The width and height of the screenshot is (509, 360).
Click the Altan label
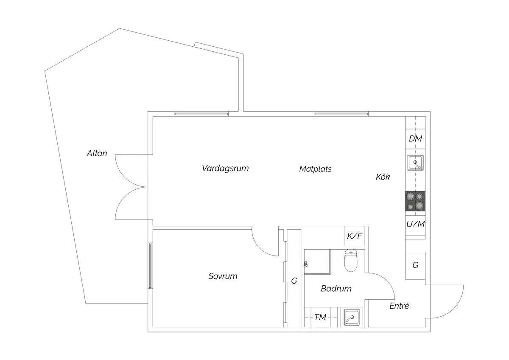[x=97, y=154]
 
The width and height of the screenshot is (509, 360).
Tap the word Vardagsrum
[x=225, y=168]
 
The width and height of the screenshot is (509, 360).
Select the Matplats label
[x=316, y=169]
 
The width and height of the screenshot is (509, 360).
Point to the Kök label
[x=383, y=177]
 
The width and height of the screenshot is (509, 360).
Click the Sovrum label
[x=223, y=276]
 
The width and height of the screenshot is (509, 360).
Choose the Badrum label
[x=336, y=289]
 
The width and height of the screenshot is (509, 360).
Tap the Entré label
[x=399, y=306]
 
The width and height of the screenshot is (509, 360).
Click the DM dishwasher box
[x=415, y=139]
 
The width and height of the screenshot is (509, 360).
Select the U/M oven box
[x=415, y=225]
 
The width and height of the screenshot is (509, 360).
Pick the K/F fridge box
[x=355, y=236]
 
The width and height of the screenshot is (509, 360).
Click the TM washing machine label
[x=320, y=317]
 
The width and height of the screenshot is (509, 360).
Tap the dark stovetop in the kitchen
[x=415, y=201]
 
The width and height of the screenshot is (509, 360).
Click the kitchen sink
[x=415, y=162]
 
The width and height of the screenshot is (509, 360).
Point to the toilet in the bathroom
[x=351, y=260]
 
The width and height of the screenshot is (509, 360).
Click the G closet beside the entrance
[x=415, y=265]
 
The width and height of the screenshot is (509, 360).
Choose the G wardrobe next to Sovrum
[x=294, y=278]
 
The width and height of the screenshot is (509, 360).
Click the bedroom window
[x=150, y=266]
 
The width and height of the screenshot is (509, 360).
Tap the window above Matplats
[x=341, y=114]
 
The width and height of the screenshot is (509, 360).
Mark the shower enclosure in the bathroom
[x=317, y=262]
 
